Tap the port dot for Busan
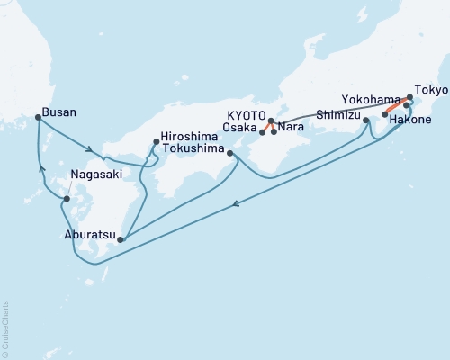pyautogui.click(x=37, y=117)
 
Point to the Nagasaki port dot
pyautogui.click(x=67, y=198)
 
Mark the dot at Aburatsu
pyautogui.click(x=120, y=240)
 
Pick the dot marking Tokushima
pyautogui.click(x=231, y=154)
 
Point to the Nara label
pyautogui.click(x=290, y=128)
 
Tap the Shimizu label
pyautogui.click(x=338, y=116)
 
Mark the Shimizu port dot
pyautogui.click(x=365, y=120)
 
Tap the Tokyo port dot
pyautogui.click(x=410, y=97)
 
